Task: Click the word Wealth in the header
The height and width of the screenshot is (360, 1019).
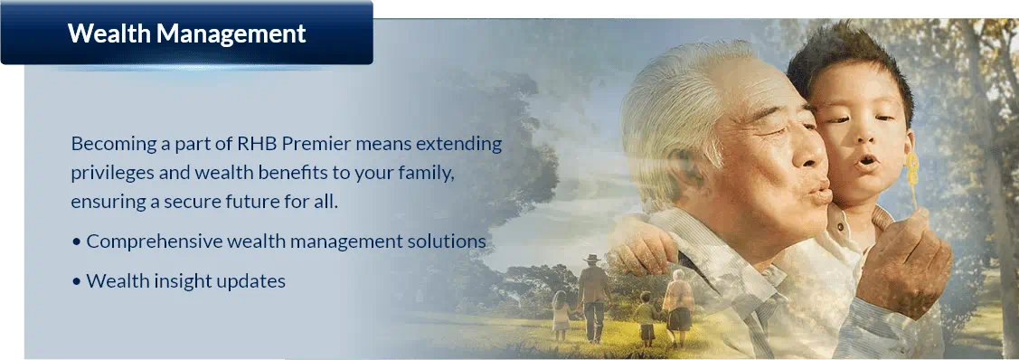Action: click(108, 33)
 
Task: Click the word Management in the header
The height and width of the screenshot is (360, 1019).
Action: click(231, 34)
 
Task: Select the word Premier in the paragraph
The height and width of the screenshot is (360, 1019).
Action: click(314, 144)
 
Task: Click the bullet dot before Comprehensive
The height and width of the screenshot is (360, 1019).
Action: click(77, 243)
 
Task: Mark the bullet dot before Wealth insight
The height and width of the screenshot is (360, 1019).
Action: click(77, 283)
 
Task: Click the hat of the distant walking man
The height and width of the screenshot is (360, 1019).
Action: click(591, 258)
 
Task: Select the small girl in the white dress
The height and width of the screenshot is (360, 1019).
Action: click(560, 315)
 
